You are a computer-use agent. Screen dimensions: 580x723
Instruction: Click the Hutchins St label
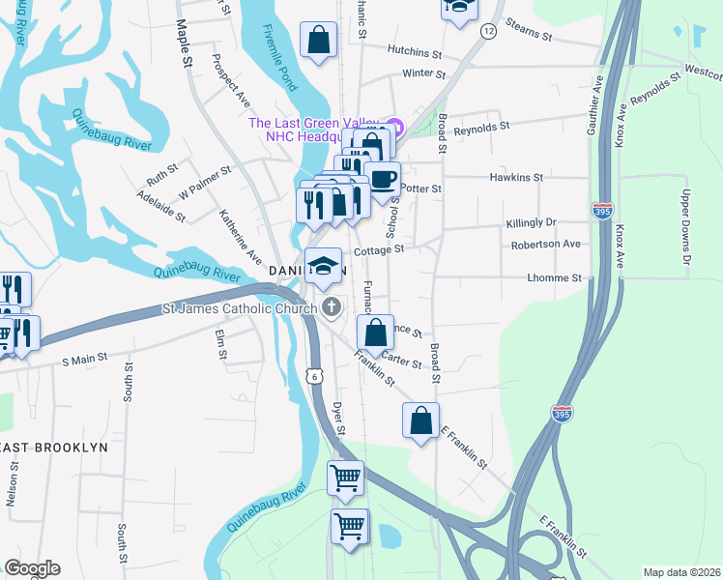414,49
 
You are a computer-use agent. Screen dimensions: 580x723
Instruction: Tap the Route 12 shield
489,32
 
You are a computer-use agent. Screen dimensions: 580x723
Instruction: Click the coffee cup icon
382,179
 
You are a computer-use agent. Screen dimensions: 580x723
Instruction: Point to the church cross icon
332,308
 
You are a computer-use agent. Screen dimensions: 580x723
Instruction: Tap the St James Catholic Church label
239,309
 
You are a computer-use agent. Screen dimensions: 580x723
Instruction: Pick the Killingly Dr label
532,223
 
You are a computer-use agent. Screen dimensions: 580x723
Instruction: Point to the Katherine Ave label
240,238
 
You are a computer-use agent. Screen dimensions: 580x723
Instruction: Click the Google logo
32,568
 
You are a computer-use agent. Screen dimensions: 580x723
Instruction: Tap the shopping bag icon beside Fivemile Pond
318,42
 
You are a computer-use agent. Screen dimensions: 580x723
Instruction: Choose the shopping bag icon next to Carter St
375,333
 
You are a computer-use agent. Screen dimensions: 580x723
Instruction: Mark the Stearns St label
528,37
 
